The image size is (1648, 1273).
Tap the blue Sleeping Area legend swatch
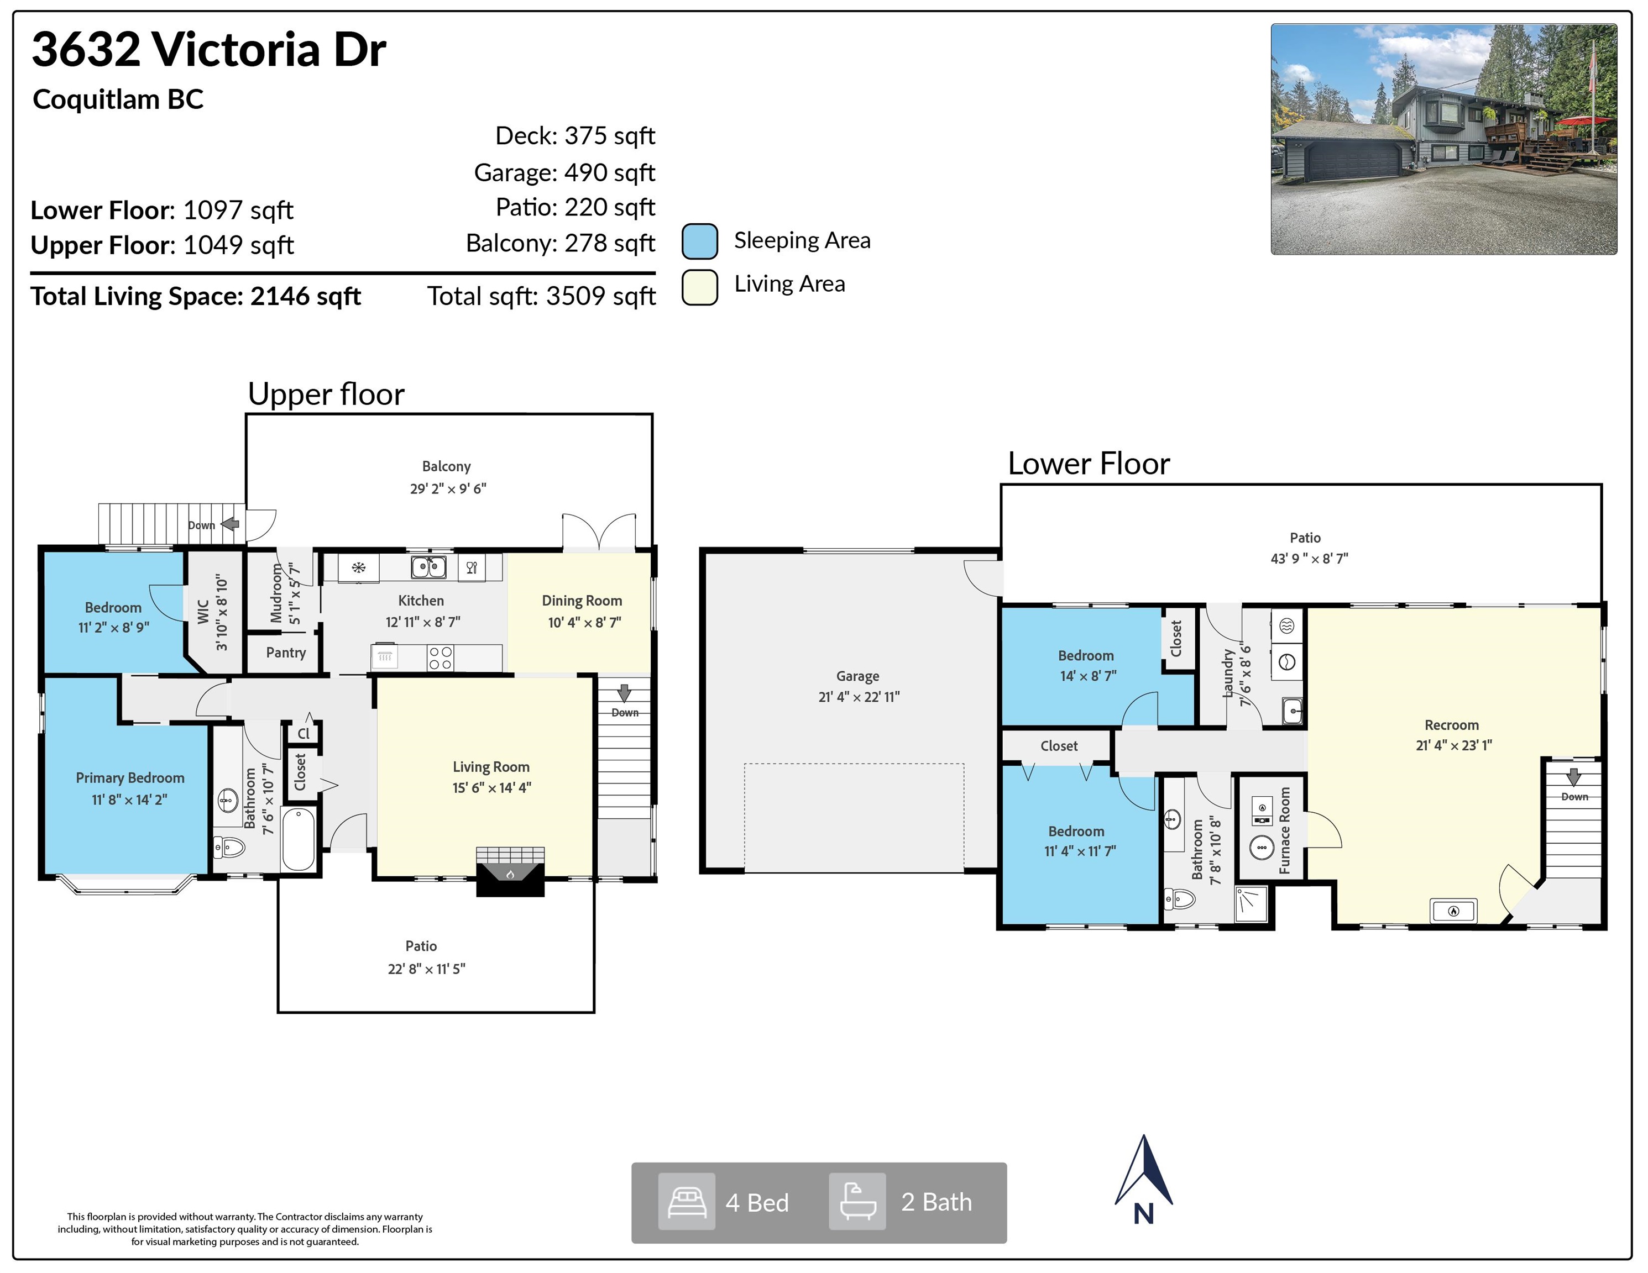pyautogui.click(x=699, y=241)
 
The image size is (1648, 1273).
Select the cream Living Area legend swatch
pyautogui.click(x=699, y=287)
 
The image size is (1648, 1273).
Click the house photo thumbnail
pyautogui.click(x=1443, y=139)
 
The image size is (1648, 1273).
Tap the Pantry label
pyautogui.click(x=286, y=653)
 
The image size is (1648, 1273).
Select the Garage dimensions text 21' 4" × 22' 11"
pyautogui.click(x=859, y=697)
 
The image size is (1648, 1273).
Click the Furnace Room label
pyautogui.click(x=1285, y=830)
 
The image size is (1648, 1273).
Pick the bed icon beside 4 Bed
pyautogui.click(x=687, y=1201)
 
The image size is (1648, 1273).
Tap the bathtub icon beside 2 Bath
pyautogui.click(x=857, y=1201)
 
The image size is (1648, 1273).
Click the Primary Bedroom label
pyautogui.click(x=130, y=777)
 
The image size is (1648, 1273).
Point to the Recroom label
pyautogui.click(x=1452, y=725)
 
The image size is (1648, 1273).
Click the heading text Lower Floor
pyautogui.click(x=1089, y=463)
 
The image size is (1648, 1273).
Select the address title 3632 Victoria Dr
pyautogui.click(x=209, y=50)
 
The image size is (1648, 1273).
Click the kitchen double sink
pyautogui.click(x=428, y=566)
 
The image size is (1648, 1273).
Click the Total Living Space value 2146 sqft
pyautogui.click(x=306, y=296)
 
